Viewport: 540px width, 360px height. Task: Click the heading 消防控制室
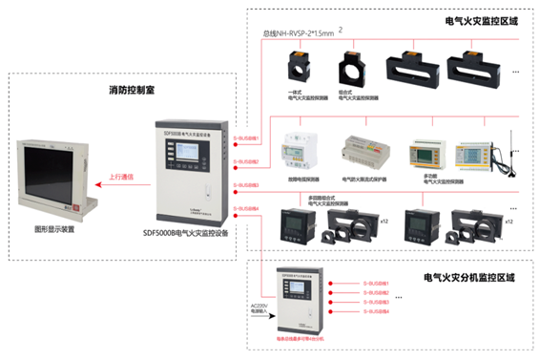click(135, 91)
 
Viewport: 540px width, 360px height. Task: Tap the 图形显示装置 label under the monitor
click(53, 229)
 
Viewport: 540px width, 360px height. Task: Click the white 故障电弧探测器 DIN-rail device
click(297, 153)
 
